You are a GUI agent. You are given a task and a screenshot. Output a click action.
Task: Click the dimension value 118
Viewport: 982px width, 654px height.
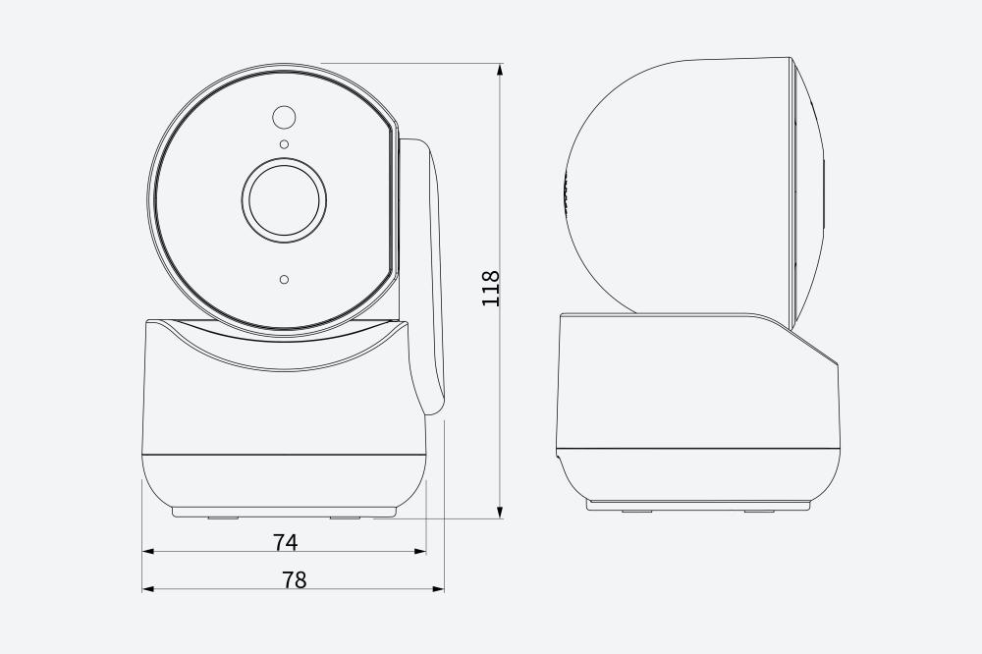[491, 288]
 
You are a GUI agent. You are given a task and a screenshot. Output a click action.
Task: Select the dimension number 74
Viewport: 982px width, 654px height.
[286, 542]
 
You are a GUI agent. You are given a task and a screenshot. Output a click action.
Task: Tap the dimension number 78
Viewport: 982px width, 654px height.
[295, 580]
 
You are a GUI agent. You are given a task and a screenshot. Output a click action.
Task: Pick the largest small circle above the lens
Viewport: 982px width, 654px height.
[284, 117]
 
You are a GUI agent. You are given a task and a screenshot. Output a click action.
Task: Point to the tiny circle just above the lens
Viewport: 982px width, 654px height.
[285, 144]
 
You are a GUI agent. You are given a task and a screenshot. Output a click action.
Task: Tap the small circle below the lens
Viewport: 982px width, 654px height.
[285, 280]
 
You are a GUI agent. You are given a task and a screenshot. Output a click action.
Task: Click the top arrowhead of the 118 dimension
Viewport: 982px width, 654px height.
[500, 70]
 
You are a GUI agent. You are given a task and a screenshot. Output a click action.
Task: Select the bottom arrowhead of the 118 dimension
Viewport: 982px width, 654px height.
[500, 512]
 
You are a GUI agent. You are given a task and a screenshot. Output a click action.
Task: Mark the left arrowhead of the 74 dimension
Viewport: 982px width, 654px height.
[149, 551]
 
